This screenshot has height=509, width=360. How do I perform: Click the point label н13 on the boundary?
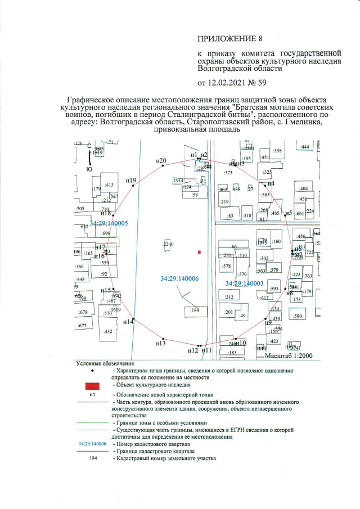[160, 343]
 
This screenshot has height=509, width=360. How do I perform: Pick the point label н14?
[128, 322]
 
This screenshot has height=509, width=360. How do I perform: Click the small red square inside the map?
[199, 253]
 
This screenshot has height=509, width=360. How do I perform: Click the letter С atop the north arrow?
[89, 146]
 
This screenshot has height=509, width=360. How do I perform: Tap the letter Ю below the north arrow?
[89, 169]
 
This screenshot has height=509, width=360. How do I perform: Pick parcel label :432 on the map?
[109, 331]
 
